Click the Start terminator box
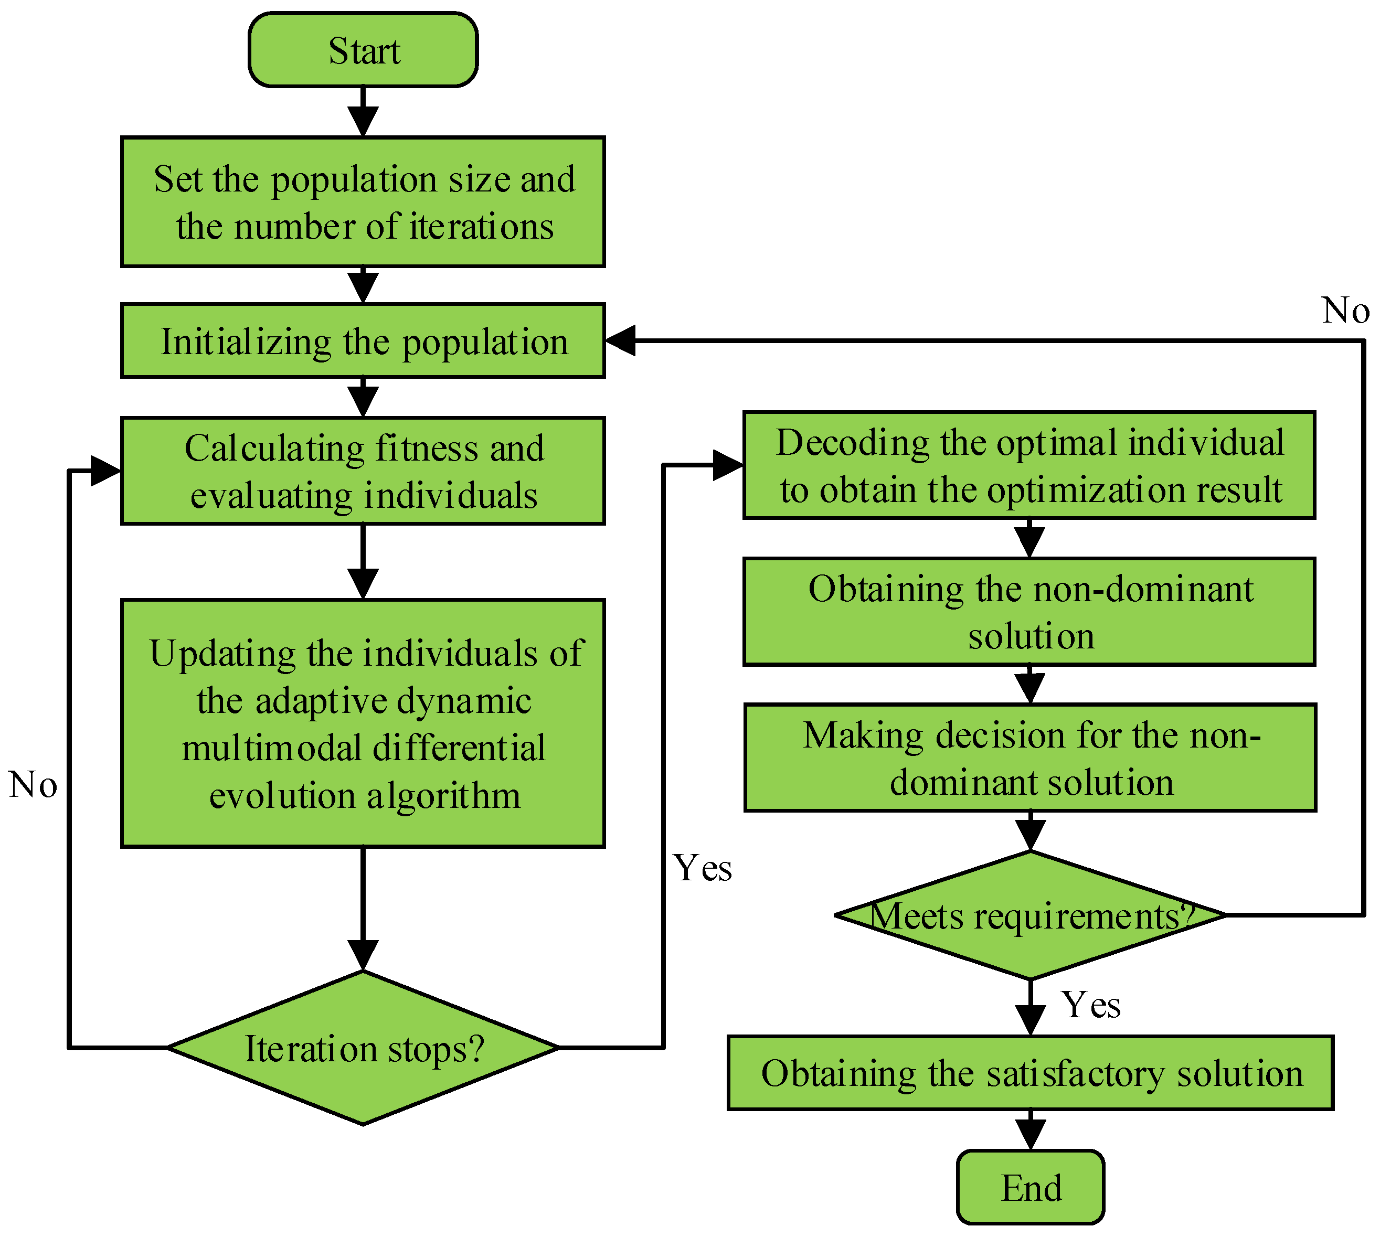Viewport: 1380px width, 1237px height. point(363,50)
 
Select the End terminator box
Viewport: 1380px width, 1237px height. point(1030,1187)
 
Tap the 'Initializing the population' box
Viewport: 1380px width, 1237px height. point(363,340)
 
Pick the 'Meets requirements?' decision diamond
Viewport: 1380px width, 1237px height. point(1030,915)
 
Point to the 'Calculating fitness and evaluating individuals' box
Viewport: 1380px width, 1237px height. point(363,471)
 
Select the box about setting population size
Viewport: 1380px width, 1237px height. point(363,202)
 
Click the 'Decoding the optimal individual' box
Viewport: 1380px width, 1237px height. point(1028,465)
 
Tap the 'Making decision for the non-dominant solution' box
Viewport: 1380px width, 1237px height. point(1030,758)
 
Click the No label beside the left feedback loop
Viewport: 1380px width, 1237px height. point(33,784)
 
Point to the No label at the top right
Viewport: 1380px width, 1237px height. point(1345,310)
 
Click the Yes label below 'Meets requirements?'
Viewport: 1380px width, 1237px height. point(1090,1005)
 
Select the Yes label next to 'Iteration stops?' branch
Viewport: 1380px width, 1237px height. point(702,868)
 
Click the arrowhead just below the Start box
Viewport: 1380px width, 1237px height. point(363,121)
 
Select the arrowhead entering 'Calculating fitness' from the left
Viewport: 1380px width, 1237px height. point(105,471)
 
